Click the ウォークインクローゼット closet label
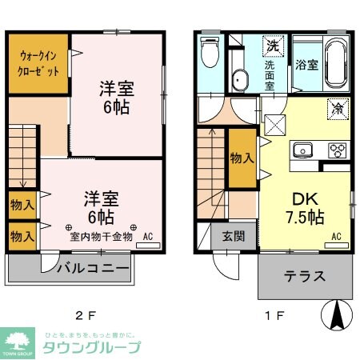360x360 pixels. pos(36,63)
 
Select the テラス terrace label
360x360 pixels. pos(304,277)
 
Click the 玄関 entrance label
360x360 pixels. pos(233,237)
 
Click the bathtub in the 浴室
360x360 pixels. pos(335,63)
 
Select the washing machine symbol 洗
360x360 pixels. pos(272,47)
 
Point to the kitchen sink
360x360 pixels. pos(304,150)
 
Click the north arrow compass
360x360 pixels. pos(337,315)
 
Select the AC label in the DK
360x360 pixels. pos(336,236)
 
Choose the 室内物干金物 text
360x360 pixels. pos(102,237)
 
